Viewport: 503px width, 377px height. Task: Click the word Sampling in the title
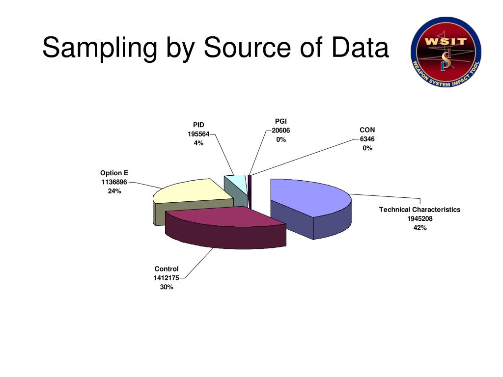click(x=100, y=49)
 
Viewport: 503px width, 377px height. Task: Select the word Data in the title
click(x=360, y=48)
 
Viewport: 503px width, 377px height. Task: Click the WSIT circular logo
click(x=446, y=52)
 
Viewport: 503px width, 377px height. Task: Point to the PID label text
click(x=198, y=125)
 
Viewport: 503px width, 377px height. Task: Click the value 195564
click(x=198, y=134)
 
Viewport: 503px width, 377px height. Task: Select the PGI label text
click(x=281, y=121)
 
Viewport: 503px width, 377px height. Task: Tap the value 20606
click(x=281, y=131)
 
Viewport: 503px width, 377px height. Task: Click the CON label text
click(x=367, y=130)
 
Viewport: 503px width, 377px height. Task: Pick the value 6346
click(x=367, y=139)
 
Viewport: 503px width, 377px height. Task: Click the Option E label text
click(x=114, y=173)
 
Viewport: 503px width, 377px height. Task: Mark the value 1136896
click(x=114, y=182)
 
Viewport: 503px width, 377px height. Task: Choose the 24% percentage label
click(x=114, y=191)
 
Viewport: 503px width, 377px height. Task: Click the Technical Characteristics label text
click(x=420, y=210)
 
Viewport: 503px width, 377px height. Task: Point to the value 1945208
click(x=420, y=218)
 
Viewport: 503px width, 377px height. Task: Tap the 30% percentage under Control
click(x=167, y=287)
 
